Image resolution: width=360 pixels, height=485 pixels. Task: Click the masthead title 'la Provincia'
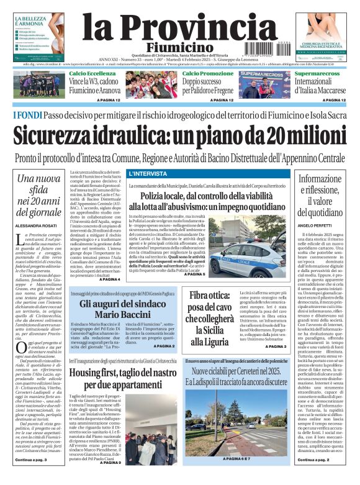179,29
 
